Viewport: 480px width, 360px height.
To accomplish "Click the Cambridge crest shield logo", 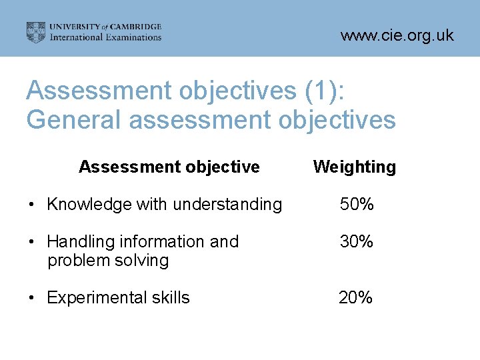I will pyautogui.click(x=36, y=32).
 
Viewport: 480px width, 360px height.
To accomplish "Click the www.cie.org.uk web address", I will pyautogui.click(x=397, y=36).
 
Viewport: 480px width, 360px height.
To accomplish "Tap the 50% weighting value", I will pyautogui.click(x=357, y=205).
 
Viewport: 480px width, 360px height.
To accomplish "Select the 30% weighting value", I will pyautogui.click(x=357, y=241).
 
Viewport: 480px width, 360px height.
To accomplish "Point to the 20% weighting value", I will pyautogui.click(x=356, y=297).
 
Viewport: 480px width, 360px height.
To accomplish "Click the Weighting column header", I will pyautogui.click(x=354, y=167).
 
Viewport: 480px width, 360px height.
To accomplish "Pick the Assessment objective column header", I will pyautogui.click(x=169, y=167).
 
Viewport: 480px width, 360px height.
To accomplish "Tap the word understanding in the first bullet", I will pyautogui.click(x=227, y=205).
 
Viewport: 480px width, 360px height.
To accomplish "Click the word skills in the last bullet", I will pyautogui.click(x=167, y=297).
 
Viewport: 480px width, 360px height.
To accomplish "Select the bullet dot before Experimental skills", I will pyautogui.click(x=31, y=298).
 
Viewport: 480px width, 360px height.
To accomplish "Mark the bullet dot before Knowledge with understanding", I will pyautogui.click(x=31, y=205).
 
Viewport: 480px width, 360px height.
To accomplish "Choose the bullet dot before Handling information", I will pyautogui.click(x=31, y=242).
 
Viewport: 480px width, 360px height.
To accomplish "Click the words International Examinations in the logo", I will pyautogui.click(x=106, y=37).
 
